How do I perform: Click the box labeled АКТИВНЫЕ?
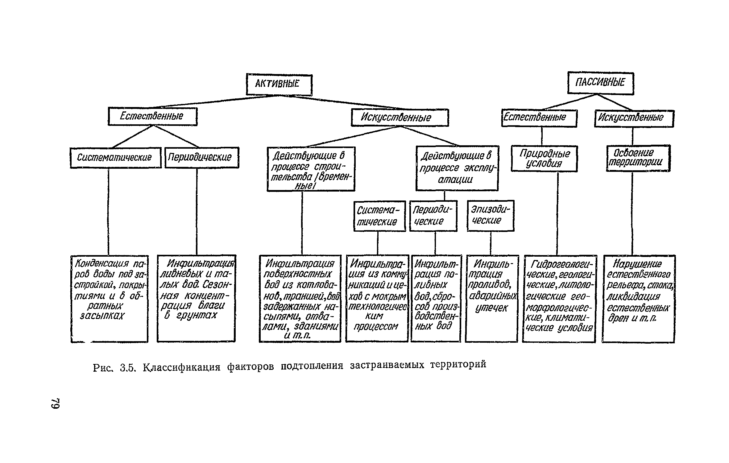(279, 85)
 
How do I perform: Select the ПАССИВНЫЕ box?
(600, 83)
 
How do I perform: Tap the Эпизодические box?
(491, 215)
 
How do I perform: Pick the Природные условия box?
(544, 159)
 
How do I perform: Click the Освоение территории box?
(638, 158)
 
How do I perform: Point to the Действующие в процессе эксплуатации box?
(457, 168)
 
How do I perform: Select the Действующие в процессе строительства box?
(311, 169)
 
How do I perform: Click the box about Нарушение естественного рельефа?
(638, 298)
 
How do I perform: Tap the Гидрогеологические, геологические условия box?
(559, 298)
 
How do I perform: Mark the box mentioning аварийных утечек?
(491, 298)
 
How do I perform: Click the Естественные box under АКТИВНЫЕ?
(152, 116)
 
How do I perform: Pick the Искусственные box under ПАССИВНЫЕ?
(634, 118)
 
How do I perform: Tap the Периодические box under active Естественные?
(202, 157)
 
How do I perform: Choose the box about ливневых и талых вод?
(196, 298)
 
